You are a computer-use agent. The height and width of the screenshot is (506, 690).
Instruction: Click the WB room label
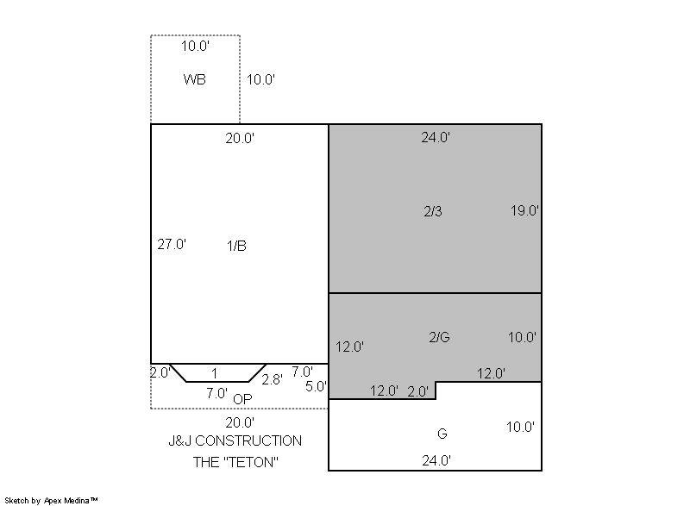tap(195, 79)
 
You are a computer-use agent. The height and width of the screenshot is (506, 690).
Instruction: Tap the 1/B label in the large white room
tap(236, 246)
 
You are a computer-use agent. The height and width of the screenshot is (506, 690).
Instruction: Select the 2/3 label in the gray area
tap(433, 211)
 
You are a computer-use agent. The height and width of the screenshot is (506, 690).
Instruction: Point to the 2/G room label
tap(439, 337)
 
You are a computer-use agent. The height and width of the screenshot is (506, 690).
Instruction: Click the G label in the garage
tap(442, 434)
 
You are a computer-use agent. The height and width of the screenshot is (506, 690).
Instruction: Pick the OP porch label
tap(242, 399)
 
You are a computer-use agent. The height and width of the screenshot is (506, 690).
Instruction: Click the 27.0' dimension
tap(172, 244)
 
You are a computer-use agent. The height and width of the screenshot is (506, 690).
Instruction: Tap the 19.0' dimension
tap(524, 210)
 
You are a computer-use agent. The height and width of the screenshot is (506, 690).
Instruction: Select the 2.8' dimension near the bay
tap(272, 379)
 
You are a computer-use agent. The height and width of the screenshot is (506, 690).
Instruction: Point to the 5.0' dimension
tap(316, 386)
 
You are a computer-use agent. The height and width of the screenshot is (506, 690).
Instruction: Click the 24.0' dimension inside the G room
tap(436, 460)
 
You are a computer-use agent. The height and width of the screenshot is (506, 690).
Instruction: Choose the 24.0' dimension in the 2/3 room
tap(436, 137)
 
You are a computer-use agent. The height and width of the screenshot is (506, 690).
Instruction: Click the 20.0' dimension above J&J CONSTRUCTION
tap(240, 422)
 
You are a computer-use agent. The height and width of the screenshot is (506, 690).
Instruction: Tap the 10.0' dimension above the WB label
tap(195, 46)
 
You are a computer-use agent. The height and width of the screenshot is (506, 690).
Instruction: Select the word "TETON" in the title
tap(248, 462)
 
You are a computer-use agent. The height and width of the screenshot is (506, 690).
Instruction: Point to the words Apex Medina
tap(67, 500)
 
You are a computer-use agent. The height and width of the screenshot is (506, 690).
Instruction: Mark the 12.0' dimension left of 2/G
tap(350, 347)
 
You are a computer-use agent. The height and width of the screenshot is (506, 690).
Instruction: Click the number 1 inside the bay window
tap(214, 373)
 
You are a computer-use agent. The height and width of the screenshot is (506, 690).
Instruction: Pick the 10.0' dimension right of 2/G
tap(522, 337)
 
